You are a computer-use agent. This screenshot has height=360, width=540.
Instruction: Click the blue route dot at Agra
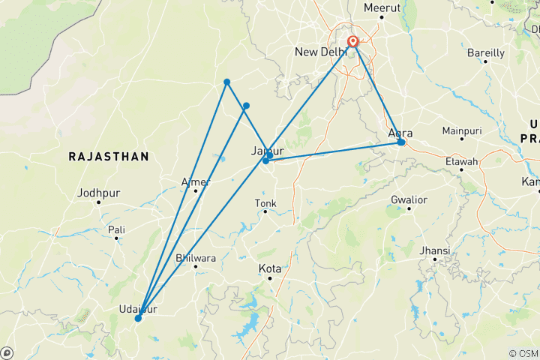point(401,142)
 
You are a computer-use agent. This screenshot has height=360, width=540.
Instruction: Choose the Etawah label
point(460,161)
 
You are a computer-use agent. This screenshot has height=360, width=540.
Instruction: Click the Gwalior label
point(409,199)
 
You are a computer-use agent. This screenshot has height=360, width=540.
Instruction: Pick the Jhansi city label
point(435,250)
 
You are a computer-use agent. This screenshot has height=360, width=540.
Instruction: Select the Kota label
point(269,268)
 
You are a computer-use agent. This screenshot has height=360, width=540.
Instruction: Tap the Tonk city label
point(265,202)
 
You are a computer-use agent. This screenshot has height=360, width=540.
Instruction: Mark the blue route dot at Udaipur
point(138,319)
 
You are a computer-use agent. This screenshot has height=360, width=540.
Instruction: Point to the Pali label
point(116,229)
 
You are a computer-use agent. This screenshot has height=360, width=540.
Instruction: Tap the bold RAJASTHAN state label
point(108,156)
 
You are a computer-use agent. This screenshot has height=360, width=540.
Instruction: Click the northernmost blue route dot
point(226,82)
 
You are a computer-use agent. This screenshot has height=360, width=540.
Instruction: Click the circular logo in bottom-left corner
point(7,352)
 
